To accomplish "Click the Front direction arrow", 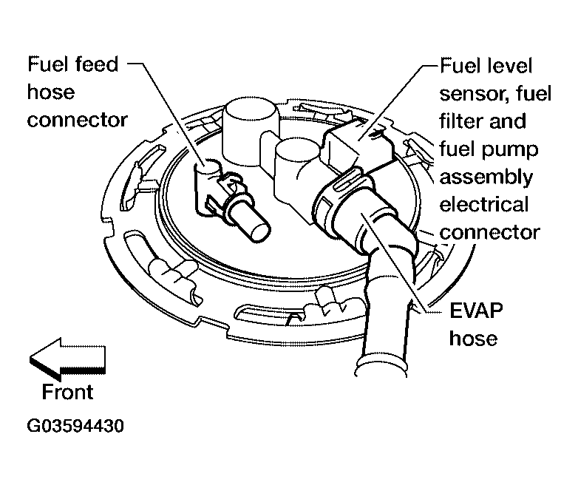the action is (x=67, y=359).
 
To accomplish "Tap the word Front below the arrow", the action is (x=67, y=392).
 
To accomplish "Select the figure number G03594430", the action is (x=75, y=426).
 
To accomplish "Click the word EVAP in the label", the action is (x=476, y=311).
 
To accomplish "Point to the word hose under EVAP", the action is (x=473, y=338).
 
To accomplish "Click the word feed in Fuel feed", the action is (x=96, y=64).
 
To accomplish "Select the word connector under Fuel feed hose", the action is (x=78, y=121).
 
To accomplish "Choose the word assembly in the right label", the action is (x=486, y=177).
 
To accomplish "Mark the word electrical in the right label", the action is (x=484, y=205).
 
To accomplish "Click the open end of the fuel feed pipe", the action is (x=260, y=231).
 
